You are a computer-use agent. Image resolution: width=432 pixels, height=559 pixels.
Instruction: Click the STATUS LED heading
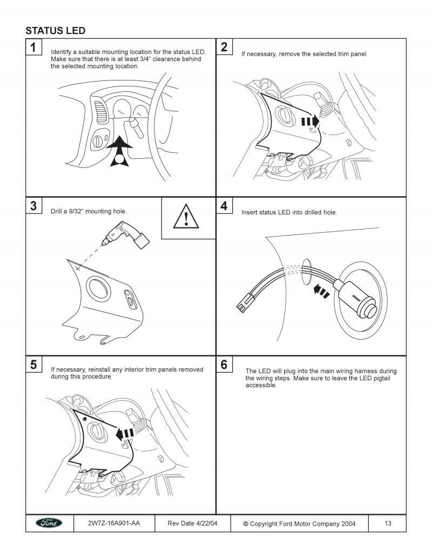(x=55, y=30)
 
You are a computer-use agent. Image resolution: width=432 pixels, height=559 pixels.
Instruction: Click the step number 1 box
(x=33, y=48)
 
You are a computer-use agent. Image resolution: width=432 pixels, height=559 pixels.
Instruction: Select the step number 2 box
(x=224, y=48)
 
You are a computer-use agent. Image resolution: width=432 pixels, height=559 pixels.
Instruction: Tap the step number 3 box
(x=33, y=206)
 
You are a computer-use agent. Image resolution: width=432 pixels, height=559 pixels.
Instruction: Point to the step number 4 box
(x=224, y=206)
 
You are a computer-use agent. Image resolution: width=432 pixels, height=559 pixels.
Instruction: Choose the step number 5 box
(x=33, y=365)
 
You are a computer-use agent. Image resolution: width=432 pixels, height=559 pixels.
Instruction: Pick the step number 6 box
(x=224, y=365)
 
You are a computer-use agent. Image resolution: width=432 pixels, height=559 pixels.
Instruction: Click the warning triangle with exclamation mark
(x=185, y=218)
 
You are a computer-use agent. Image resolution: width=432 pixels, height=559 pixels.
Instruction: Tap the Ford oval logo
(x=49, y=523)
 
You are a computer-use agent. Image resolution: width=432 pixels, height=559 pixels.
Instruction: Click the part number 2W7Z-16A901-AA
(x=113, y=523)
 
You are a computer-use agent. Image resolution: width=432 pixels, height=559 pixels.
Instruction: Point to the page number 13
(x=388, y=523)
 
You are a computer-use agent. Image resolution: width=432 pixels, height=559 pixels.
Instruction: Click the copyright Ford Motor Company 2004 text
(x=299, y=523)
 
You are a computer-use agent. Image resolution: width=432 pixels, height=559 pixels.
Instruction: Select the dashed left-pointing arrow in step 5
(x=125, y=433)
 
